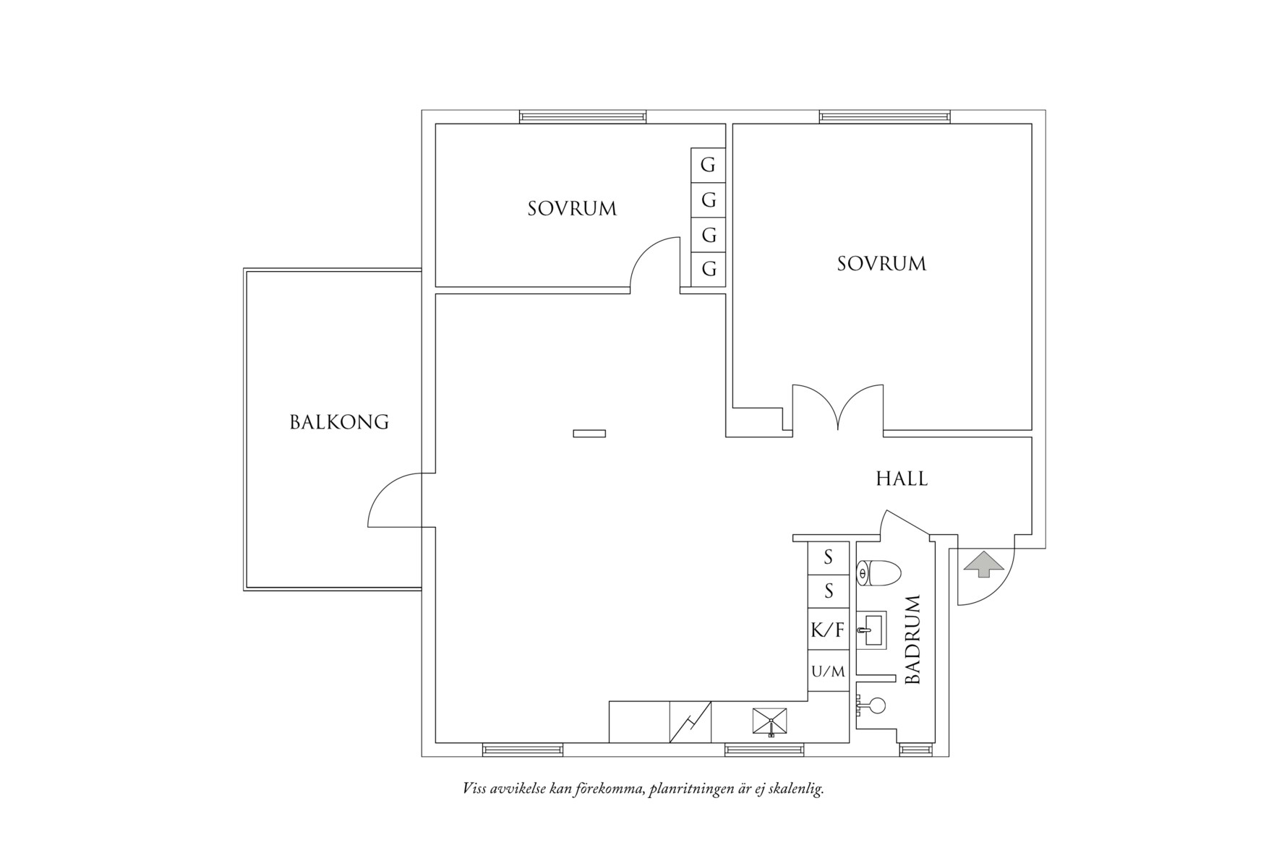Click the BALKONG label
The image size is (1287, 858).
[339, 422]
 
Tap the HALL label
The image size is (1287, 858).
[902, 479]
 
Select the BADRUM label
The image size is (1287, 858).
[913, 640]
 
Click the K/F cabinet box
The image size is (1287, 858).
[828, 630]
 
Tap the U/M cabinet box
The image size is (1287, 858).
[828, 672]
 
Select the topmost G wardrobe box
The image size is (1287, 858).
[708, 165]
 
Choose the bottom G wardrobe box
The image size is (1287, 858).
[709, 270]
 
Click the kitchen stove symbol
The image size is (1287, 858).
[770, 721]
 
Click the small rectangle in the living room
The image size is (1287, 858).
[589, 434]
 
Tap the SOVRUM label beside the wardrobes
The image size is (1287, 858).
[572, 209]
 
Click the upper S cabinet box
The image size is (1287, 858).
[828, 557]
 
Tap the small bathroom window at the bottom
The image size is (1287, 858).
[914, 750]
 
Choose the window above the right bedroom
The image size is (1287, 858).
[884, 116]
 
